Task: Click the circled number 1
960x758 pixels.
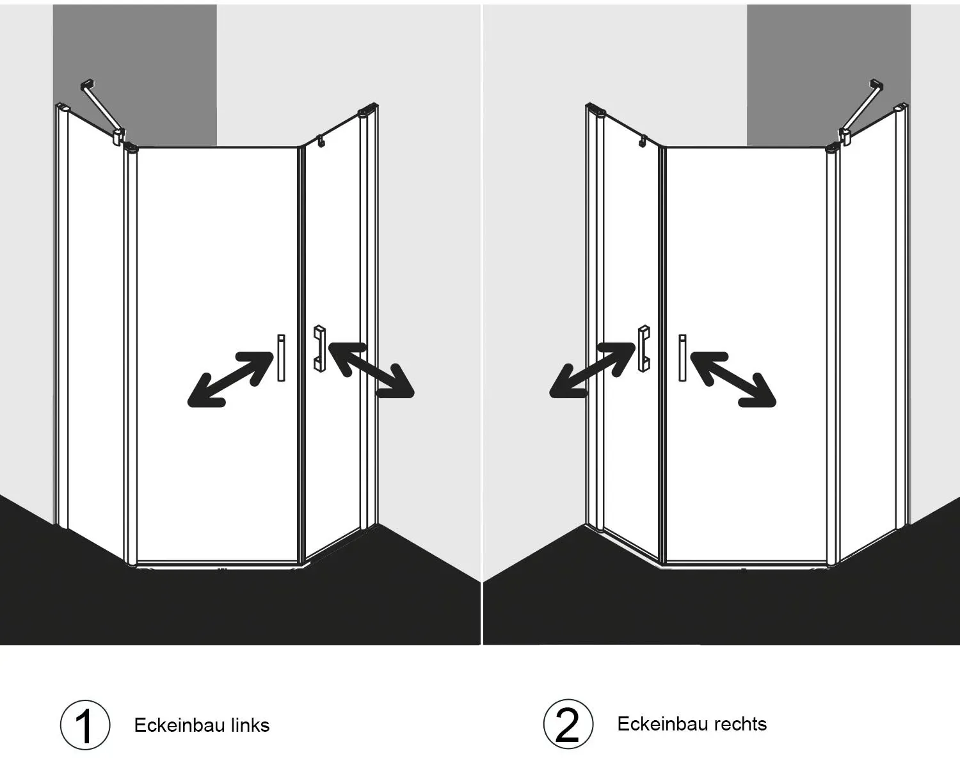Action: point(84,725)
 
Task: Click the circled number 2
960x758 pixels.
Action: point(568,724)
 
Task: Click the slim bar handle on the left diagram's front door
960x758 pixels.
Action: point(281,358)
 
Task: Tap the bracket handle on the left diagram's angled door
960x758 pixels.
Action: point(319,348)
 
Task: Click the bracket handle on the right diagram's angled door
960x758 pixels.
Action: point(644,348)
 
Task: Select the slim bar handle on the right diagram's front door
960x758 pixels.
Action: point(682,358)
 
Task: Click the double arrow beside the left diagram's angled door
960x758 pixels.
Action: point(371,369)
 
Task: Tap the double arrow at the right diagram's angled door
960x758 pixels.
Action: point(593,369)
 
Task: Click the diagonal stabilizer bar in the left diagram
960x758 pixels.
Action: point(102,111)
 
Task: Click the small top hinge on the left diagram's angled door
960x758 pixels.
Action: point(320,141)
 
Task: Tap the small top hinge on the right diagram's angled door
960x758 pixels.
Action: point(643,141)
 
